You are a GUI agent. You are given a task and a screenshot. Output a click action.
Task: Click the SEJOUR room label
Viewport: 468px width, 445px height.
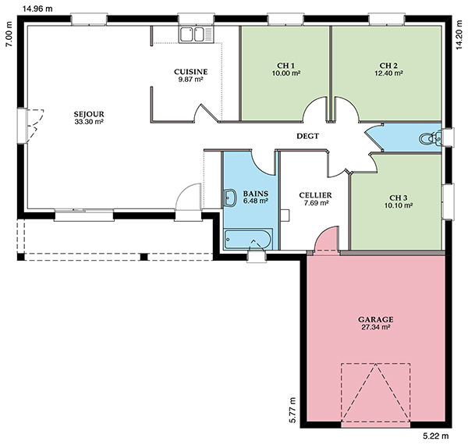tap(89, 114)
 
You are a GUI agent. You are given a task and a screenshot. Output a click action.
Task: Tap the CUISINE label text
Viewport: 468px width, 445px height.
tap(191, 72)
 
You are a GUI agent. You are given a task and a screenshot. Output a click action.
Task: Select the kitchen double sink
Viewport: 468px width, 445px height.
tap(197, 34)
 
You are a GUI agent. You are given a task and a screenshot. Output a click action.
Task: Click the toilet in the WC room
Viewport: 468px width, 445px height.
tap(430, 139)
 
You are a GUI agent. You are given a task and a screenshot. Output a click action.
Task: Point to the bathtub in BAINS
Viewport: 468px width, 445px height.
tap(248, 239)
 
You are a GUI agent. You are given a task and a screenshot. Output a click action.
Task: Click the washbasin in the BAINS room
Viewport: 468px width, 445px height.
tap(229, 198)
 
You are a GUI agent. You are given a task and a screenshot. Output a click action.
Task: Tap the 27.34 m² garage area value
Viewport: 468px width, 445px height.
tap(376, 327)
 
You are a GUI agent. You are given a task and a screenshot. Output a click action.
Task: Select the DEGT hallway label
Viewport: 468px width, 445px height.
tap(307, 136)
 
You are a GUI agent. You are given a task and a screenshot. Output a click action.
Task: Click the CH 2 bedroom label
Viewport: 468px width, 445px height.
tap(388, 66)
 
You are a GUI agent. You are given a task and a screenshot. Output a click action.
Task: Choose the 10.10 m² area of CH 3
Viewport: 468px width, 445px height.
tap(399, 205)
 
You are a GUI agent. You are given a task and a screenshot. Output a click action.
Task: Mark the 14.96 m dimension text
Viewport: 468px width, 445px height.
tap(37, 9)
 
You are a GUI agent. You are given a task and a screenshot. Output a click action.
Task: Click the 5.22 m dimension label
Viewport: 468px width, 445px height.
tap(436, 436)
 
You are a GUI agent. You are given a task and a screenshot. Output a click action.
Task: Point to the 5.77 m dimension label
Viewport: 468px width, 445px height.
tap(292, 410)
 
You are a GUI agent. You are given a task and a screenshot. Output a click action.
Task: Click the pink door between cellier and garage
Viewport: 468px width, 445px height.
tap(328, 239)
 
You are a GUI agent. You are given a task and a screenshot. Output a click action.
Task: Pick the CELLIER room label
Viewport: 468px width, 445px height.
tap(315, 195)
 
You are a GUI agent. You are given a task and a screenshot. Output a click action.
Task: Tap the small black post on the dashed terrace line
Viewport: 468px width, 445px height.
tap(144, 257)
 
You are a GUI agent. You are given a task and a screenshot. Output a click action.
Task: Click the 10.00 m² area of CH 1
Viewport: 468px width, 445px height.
tap(286, 73)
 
